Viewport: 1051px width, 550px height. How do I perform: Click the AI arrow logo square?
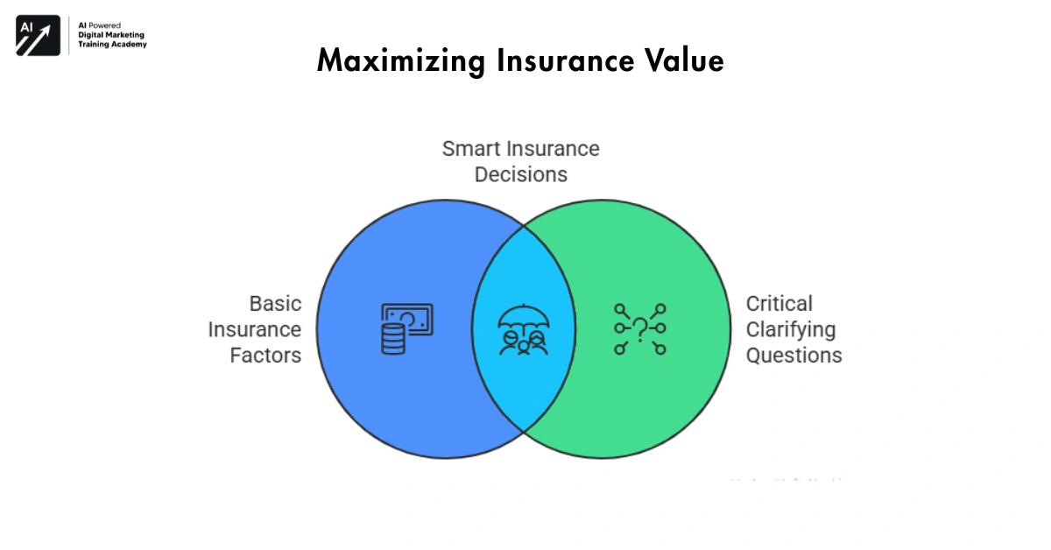38,36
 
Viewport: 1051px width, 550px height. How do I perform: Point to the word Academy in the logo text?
128,44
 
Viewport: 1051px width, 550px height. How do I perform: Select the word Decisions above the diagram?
521,174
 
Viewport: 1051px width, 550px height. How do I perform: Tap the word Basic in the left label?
275,304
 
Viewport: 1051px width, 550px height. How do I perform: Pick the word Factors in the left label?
265,356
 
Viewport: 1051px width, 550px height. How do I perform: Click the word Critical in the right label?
779,304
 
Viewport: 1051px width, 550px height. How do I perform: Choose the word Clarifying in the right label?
791,329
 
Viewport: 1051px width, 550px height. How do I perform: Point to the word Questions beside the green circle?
794,356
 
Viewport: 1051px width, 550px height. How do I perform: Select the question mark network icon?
639,329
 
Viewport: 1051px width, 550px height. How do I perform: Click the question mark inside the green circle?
640,327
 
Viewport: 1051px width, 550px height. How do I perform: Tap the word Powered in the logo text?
105,25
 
